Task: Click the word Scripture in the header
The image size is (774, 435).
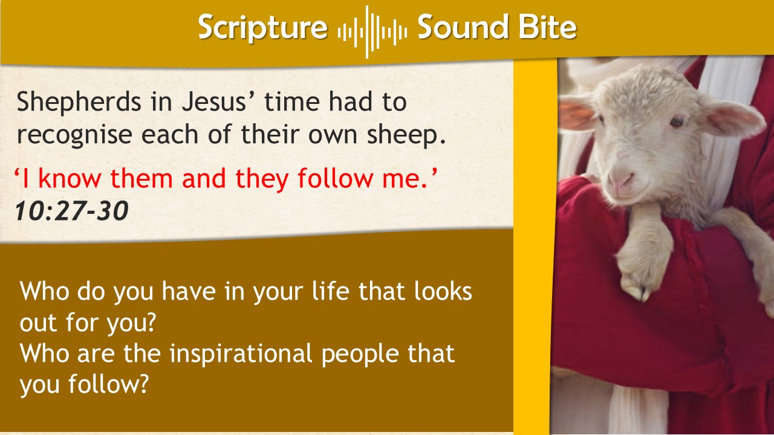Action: [x=262, y=28]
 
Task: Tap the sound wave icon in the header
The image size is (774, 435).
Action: [x=372, y=32]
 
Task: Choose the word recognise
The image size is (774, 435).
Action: [x=74, y=135]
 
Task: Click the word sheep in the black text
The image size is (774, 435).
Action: [x=406, y=135]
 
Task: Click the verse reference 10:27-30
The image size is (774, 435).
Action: [x=72, y=210]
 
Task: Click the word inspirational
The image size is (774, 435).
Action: [x=241, y=354]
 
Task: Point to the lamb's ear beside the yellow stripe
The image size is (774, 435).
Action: [x=577, y=112]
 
